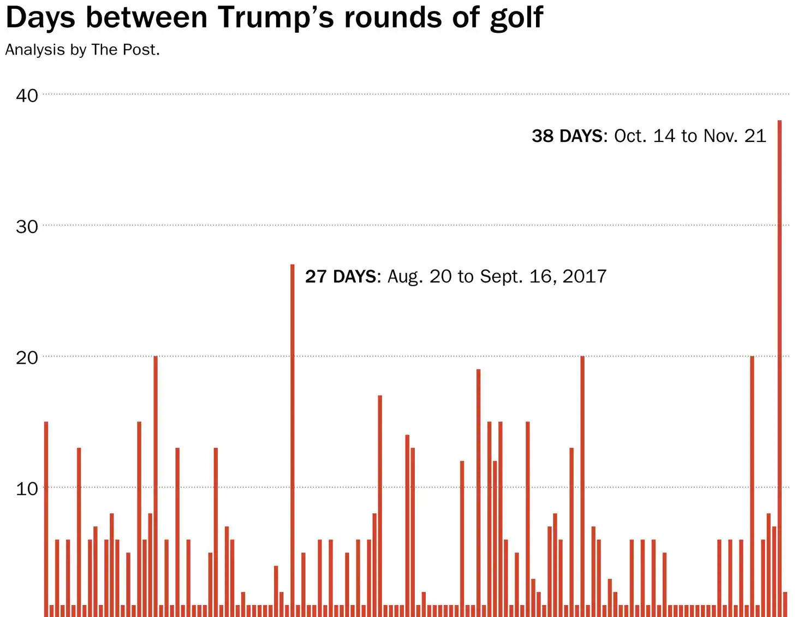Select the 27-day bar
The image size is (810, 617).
pos(293,440)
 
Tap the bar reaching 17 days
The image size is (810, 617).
pos(380,506)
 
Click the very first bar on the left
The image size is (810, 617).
pos(46,519)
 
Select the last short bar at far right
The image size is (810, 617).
pos(785,604)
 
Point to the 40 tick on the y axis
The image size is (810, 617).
pos(27,96)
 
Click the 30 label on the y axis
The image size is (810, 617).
pos(27,227)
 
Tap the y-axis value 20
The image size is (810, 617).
pos(27,358)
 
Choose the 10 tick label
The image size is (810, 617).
pos(27,488)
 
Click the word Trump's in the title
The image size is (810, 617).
pos(276,17)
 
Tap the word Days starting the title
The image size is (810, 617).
pos(40,19)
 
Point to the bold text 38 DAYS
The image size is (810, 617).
pos(568,136)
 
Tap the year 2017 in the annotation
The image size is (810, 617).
pos(585,276)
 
